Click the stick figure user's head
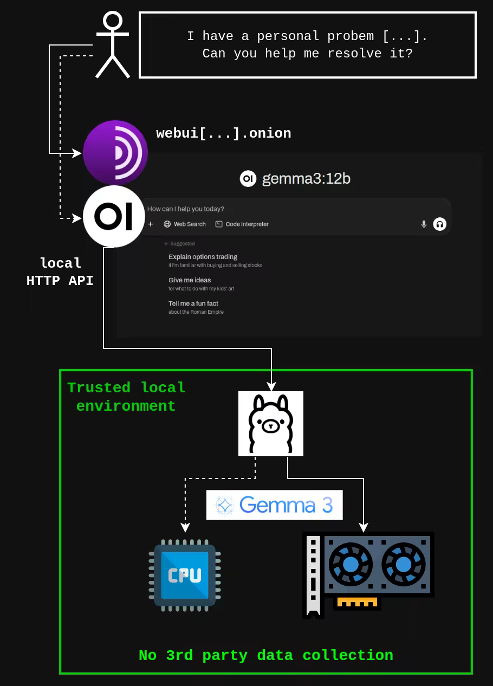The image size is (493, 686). (x=113, y=21)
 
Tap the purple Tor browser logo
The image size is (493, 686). (x=115, y=152)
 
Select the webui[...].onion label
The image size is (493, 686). (x=223, y=133)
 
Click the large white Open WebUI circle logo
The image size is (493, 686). (x=114, y=217)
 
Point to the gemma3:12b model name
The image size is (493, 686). (x=306, y=179)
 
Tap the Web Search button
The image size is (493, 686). (x=185, y=224)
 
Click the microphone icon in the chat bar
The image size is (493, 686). (x=424, y=224)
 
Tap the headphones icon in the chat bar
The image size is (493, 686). (x=439, y=224)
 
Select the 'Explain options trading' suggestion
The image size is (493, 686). (x=203, y=257)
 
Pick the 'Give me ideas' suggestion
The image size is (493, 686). (x=190, y=280)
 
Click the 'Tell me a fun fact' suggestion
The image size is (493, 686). (x=193, y=303)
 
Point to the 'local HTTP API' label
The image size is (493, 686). (x=60, y=272)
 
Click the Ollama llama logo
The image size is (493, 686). (x=271, y=424)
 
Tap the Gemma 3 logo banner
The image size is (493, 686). (x=275, y=505)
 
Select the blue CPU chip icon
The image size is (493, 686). (x=185, y=575)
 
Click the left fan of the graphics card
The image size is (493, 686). (x=351, y=565)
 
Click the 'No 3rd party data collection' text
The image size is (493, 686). (x=266, y=655)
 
